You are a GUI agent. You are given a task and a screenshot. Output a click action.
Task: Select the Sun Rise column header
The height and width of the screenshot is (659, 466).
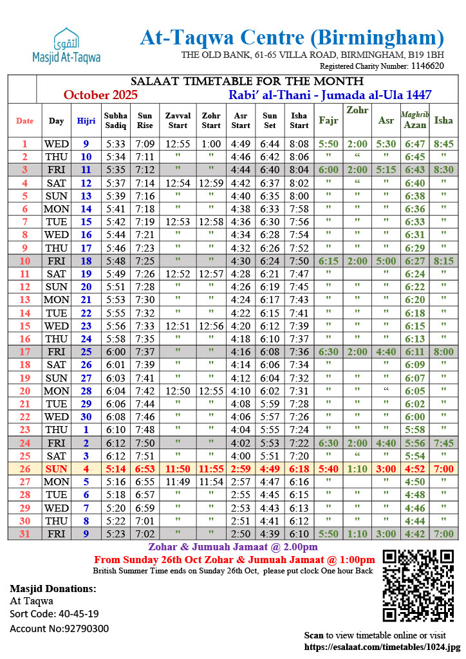click(145, 120)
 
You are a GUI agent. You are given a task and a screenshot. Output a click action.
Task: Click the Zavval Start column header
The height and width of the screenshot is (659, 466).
click(178, 120)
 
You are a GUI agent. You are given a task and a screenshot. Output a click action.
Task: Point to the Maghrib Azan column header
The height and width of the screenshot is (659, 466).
click(415, 120)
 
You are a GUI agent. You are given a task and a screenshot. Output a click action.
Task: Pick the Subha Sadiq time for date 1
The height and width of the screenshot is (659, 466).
click(116, 144)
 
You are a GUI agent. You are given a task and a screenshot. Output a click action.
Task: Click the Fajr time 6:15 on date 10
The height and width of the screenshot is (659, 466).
click(328, 261)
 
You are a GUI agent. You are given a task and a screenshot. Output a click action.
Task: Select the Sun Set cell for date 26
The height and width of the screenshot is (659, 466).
click(270, 469)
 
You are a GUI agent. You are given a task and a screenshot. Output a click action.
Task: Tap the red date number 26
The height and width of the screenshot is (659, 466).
click(25, 469)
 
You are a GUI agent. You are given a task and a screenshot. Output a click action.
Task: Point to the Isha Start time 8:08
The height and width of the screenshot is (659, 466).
click(299, 144)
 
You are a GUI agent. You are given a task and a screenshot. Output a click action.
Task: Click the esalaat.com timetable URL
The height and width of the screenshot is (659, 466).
click(382, 647)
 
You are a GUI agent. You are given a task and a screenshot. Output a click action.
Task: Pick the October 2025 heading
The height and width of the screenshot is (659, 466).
click(101, 95)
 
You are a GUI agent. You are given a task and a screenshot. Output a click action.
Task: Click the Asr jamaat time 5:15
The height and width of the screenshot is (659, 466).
click(386, 170)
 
